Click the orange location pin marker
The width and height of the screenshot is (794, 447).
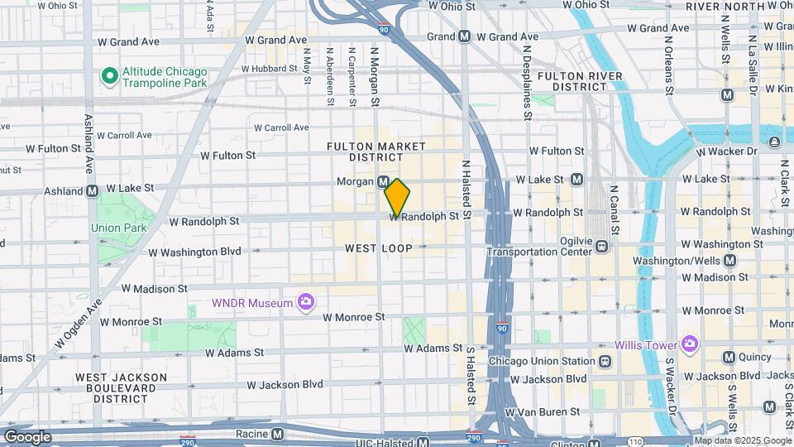click(397, 199)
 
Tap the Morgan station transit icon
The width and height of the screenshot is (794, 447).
click(384, 181)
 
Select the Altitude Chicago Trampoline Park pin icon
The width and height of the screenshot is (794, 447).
click(108, 77)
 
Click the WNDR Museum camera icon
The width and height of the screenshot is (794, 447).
click(306, 302)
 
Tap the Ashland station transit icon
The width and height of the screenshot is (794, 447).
click(92, 190)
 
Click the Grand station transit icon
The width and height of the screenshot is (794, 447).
click(465, 36)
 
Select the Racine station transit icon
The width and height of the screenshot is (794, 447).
click(277, 434)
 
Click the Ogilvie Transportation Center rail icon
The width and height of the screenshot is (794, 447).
click(602, 245)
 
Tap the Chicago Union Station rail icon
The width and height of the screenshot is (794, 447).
click(605, 361)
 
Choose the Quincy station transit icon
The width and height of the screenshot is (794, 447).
click(729, 357)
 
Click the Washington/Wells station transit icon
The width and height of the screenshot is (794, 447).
click(729, 260)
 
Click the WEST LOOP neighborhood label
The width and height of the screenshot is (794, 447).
click(378, 248)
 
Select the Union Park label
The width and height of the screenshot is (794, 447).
click(118, 228)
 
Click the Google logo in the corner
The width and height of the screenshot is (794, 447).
click(27, 436)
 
